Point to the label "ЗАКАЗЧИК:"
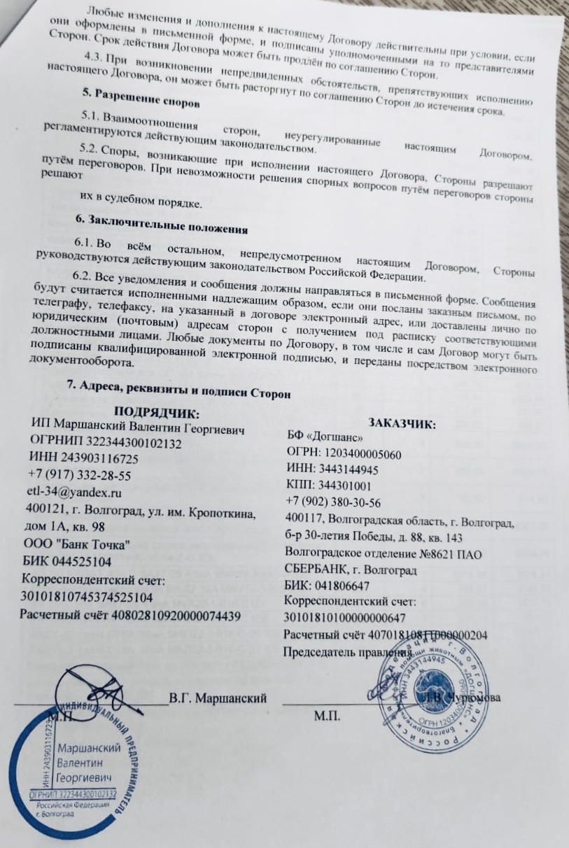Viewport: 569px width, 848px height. point(402,424)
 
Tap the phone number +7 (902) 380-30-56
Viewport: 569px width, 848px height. point(333,502)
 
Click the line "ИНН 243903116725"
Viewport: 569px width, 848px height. point(84,459)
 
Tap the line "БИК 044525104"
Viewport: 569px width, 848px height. point(66,561)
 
